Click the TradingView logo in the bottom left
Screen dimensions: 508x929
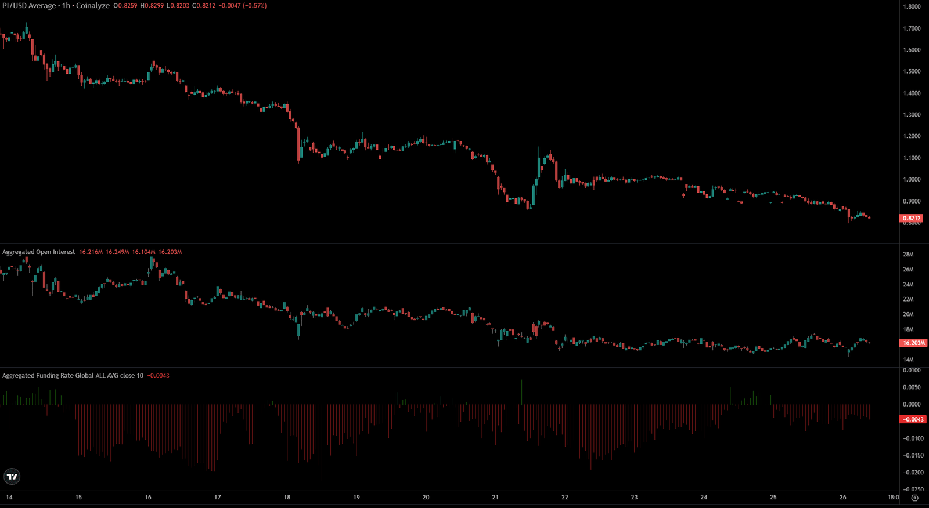point(12,477)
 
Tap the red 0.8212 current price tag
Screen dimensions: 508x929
point(911,219)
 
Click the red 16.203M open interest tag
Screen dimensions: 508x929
point(913,343)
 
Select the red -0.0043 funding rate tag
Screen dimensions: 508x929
point(913,419)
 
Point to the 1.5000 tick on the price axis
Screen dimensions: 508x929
point(912,71)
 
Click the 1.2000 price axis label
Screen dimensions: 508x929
point(912,136)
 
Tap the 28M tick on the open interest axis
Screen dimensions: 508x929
point(908,255)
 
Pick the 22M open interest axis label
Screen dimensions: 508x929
point(908,299)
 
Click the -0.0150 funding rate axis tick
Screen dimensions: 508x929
point(913,455)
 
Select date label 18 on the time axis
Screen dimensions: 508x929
point(287,497)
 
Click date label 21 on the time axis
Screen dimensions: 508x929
point(495,497)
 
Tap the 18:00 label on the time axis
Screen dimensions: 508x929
point(893,497)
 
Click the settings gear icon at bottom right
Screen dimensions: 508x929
point(915,498)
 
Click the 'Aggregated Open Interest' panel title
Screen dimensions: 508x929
point(38,252)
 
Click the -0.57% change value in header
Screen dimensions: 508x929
point(254,5)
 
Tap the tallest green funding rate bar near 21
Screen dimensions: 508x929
point(521,392)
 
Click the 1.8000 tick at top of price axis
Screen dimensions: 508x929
point(912,6)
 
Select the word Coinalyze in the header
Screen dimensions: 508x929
point(92,5)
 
